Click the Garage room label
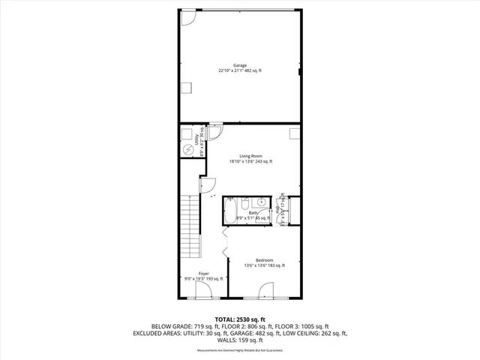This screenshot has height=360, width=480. (240, 65)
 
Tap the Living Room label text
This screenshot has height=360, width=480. (250, 156)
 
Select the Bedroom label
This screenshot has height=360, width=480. (264, 260)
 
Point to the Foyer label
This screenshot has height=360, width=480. (203, 274)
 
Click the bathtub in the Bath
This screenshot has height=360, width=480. (230, 206)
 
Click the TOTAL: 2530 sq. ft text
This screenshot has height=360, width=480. (240, 319)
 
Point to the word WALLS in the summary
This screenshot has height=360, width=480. (223, 340)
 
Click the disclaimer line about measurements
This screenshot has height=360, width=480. (240, 350)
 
